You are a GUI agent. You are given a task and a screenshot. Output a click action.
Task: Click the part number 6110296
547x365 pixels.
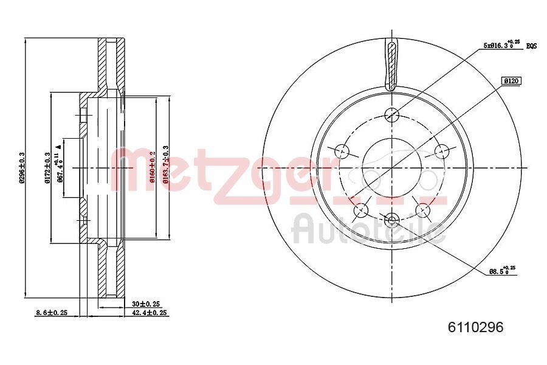pyautogui.click(x=475, y=327)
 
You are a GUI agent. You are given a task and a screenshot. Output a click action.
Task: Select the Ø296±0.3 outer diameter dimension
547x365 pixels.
pyautogui.click(x=21, y=167)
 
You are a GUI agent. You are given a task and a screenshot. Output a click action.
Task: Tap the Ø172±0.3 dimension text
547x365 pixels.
pyautogui.click(x=47, y=167)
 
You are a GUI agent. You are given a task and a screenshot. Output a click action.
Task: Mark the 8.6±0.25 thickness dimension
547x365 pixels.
pyautogui.click(x=51, y=313)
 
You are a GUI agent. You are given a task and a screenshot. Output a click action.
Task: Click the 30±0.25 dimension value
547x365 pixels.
pyautogui.click(x=145, y=303)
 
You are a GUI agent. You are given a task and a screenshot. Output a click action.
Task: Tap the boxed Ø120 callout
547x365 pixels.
pyautogui.click(x=512, y=80)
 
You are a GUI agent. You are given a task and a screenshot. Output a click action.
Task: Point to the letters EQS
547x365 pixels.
pyautogui.click(x=532, y=46)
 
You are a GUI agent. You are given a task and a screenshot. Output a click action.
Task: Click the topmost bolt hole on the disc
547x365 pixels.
pyautogui.click(x=392, y=113)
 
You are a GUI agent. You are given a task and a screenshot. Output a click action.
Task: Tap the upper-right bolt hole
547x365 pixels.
pyautogui.click(x=442, y=150)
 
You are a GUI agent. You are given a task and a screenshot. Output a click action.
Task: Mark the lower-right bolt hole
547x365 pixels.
pyautogui.click(x=423, y=210)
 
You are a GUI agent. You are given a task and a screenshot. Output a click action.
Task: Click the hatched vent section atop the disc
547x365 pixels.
pyautogui.click(x=392, y=64)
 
